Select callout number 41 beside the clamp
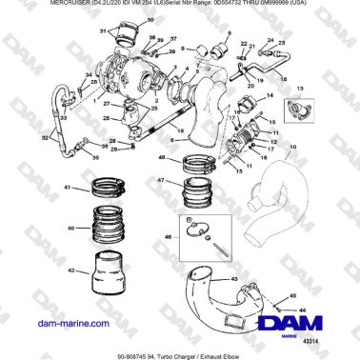click(68, 189)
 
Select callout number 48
click(163, 156)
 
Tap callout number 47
click(163, 179)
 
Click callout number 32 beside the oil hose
click(46, 137)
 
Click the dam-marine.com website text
click(66, 324)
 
